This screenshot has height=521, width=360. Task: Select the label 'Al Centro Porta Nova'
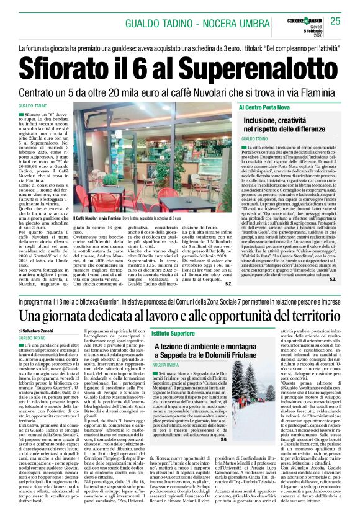[269, 108]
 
